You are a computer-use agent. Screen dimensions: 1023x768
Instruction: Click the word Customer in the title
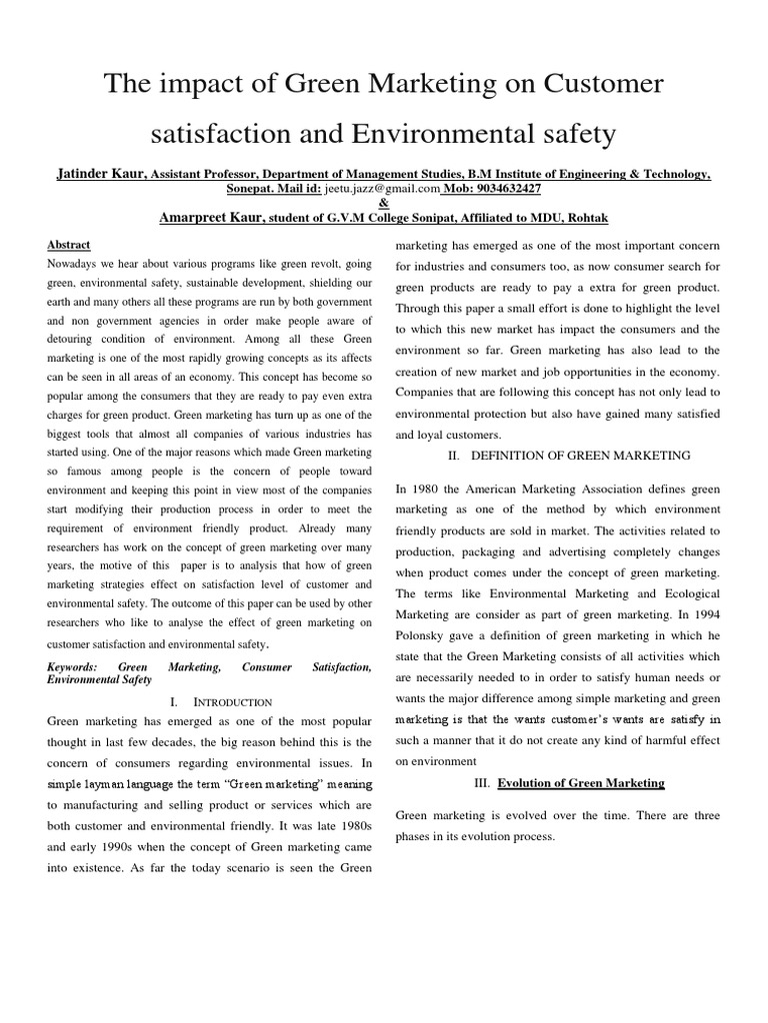(596, 86)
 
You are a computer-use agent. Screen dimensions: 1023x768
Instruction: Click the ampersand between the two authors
(384, 203)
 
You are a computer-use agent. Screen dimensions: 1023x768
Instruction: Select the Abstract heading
(68, 245)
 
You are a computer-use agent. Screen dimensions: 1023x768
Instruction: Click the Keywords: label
(72, 665)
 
